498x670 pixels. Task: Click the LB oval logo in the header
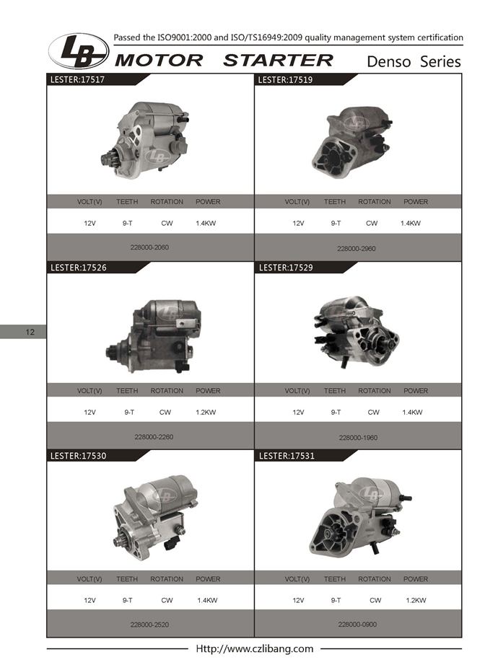[x=79, y=51]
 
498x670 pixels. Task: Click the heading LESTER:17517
[x=77, y=79]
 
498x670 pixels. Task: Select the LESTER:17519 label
[x=285, y=79]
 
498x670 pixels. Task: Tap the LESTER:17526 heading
[x=78, y=268]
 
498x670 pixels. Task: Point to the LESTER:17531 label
[x=287, y=456]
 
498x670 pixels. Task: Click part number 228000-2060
[x=149, y=247]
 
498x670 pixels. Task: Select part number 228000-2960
[x=357, y=249]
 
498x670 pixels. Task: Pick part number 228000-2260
[x=154, y=437]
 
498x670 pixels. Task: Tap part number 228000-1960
[x=358, y=438]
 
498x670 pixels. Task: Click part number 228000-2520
[x=149, y=625]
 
